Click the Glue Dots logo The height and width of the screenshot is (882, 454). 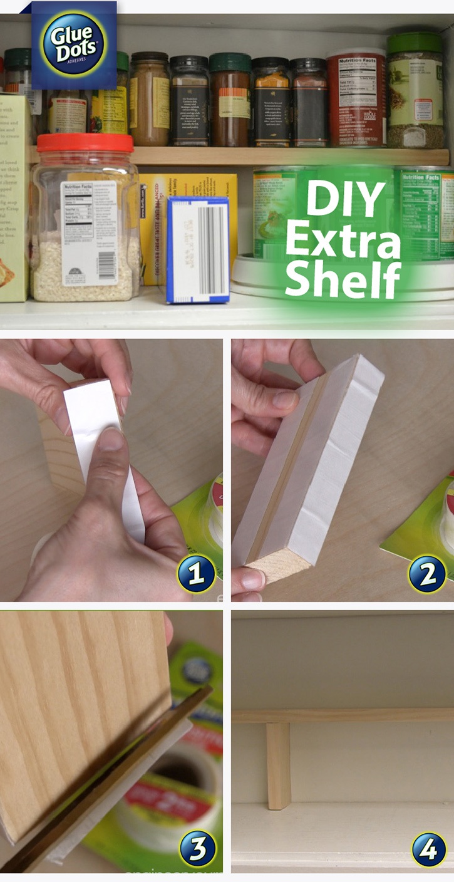[74, 44]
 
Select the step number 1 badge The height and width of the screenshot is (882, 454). [195, 573]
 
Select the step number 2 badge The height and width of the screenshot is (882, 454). [427, 573]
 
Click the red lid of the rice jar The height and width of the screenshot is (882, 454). [85, 143]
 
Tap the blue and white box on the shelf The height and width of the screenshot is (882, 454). [197, 249]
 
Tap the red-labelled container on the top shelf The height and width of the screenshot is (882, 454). [355, 100]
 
